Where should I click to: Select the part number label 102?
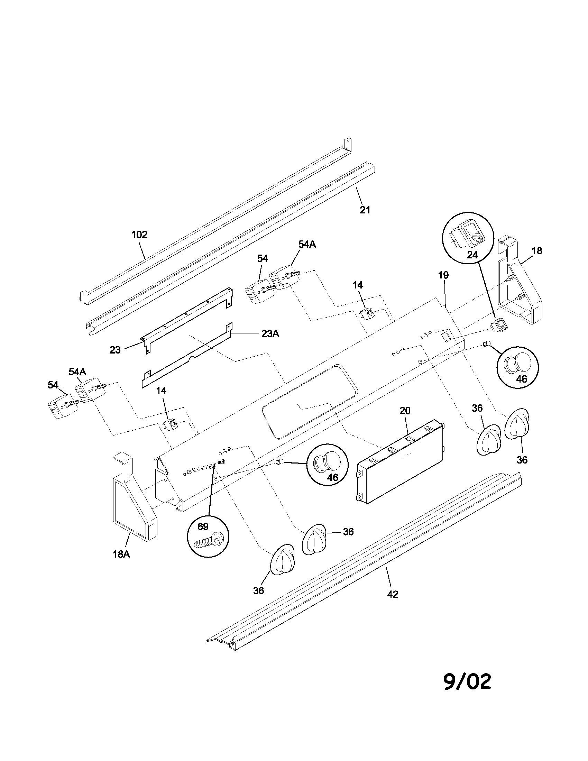[x=139, y=235]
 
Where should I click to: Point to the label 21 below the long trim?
[x=365, y=210]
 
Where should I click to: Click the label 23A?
[x=270, y=333]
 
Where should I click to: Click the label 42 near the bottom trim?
[x=393, y=594]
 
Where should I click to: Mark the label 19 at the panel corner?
[x=443, y=275]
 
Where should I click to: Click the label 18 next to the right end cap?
[x=537, y=250]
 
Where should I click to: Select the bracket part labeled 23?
[x=188, y=317]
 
